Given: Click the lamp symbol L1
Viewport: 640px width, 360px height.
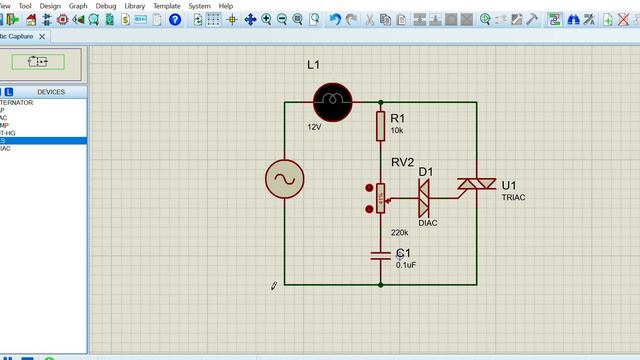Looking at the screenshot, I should pos(332,100).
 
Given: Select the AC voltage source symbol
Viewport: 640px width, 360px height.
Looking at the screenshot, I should pos(284,180).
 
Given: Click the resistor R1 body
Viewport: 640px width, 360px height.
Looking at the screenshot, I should pos(381,126).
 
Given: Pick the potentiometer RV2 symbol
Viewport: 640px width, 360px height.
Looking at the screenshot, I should pos(380,197).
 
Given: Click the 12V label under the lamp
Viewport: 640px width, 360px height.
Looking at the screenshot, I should pos(314,127).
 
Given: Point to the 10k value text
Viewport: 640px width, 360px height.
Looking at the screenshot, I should pos(397,131).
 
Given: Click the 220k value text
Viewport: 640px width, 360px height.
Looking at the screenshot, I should pos(399,232).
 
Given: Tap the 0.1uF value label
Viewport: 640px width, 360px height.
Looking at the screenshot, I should pos(407,265).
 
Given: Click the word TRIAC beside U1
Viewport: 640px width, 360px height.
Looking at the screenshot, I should pos(513,198).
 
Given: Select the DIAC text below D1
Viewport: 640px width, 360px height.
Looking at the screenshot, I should pos(428,223).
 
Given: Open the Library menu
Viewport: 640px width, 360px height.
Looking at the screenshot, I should pos(135,6).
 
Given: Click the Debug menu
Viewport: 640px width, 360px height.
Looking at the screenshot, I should pos(106,6).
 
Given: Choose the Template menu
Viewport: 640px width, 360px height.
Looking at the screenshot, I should pos(167,6).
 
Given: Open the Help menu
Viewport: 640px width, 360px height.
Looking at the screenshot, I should pos(226,6).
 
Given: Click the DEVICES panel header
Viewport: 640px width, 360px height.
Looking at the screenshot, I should pos(51,91).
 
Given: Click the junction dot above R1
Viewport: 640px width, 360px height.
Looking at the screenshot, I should pos(381,101).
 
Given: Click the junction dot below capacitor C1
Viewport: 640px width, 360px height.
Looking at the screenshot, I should pos(381,284).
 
